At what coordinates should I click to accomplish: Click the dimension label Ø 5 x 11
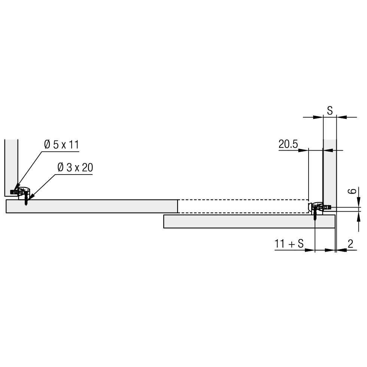[61, 145]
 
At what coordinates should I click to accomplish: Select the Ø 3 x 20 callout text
[75, 168]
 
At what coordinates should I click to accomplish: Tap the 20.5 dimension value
[288, 144]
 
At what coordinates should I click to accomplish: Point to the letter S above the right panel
[330, 110]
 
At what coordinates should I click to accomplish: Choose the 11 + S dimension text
[289, 244]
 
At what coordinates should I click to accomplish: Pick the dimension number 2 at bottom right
[351, 244]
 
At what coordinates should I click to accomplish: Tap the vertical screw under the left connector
[26, 199]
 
